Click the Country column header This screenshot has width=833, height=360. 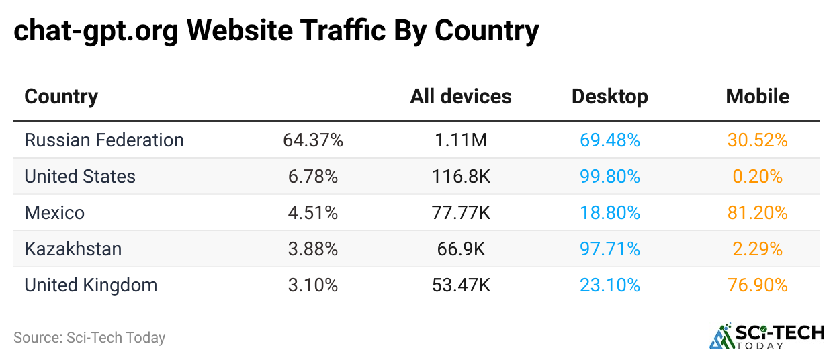[61, 97]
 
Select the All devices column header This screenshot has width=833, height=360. [461, 97]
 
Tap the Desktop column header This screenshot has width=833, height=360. [609, 97]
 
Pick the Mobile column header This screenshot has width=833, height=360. [757, 97]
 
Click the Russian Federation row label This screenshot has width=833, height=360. [104, 140]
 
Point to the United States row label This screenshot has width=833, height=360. [80, 177]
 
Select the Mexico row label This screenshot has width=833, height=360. [54, 213]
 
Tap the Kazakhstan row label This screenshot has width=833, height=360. [73, 249]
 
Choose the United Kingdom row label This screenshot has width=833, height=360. [91, 285]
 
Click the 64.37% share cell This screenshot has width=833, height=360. [313, 140]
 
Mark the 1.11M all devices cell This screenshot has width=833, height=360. [460, 140]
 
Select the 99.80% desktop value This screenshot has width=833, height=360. [610, 177]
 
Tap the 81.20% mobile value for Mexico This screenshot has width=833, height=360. [757, 213]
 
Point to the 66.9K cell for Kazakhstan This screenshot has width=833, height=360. [460, 249]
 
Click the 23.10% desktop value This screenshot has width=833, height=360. [610, 285]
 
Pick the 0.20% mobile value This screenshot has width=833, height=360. [757, 177]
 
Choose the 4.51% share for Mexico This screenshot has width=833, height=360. [313, 213]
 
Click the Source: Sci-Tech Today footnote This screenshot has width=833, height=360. [89, 338]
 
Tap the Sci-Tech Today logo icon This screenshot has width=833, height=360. [721, 336]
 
